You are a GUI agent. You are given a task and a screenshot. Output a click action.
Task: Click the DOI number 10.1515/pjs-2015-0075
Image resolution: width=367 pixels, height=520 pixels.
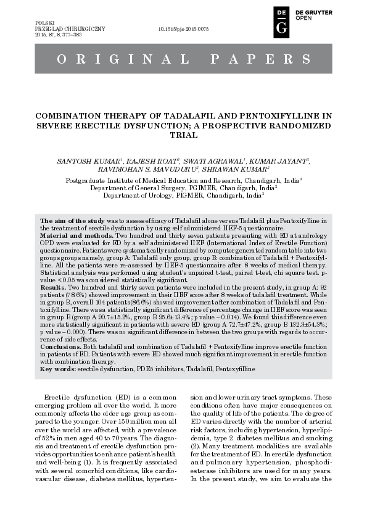(x=184, y=29)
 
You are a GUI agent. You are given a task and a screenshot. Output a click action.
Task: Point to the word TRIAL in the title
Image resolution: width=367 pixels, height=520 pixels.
(x=183, y=135)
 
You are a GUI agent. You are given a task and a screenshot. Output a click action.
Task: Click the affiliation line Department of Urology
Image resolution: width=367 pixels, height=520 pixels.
(x=183, y=195)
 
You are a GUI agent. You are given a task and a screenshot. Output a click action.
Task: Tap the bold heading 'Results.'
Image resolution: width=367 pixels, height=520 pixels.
(x=53, y=288)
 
